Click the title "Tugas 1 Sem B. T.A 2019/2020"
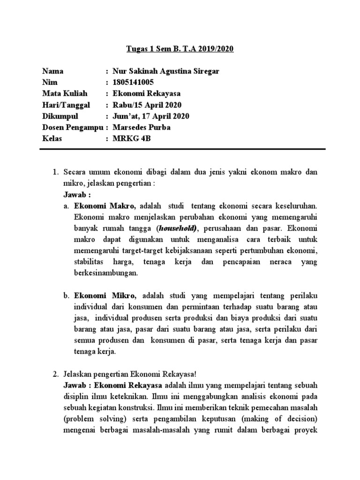[180, 49]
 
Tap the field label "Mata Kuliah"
[63, 93]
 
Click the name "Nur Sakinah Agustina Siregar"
[162, 71]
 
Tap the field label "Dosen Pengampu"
[72, 127]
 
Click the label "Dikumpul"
[60, 116]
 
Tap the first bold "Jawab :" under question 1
[77, 195]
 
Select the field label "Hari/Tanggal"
[66, 105]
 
